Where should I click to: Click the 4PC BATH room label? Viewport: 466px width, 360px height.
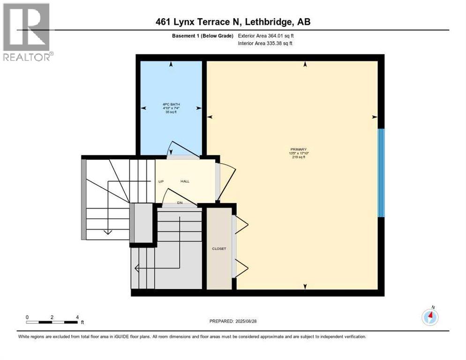tap(168, 105)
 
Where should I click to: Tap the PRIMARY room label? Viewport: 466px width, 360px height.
tap(298, 149)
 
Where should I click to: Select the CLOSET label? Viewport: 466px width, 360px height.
tap(219, 248)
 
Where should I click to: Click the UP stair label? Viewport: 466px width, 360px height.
tap(160, 181)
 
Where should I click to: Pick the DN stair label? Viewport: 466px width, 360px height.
tap(180, 202)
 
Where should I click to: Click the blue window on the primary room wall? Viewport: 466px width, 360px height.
tap(381, 172)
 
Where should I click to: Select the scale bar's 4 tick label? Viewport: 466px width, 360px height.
tap(77, 317)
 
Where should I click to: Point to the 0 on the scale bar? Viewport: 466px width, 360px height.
tap(27, 317)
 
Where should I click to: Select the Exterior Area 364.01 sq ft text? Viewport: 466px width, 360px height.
tap(266, 36)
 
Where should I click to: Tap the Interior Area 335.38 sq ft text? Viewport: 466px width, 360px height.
tap(266, 44)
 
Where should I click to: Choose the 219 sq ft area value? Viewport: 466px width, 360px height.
tap(298, 157)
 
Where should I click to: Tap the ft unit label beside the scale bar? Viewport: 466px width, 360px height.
tap(82, 322)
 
